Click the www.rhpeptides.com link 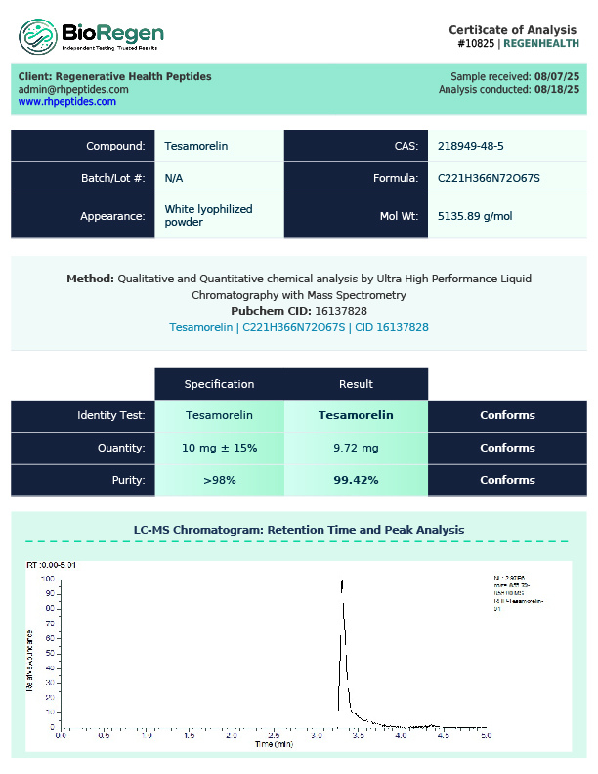[66, 102]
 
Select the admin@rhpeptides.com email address [73, 89]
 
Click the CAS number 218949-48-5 [471, 146]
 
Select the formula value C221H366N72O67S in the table [489, 178]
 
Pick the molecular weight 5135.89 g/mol [475, 216]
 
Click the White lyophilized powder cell [208, 215]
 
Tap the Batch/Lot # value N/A [174, 178]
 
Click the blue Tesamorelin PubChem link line [299, 327]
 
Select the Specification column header [219, 384]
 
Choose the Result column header [356, 384]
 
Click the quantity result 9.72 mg [356, 448]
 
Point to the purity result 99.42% [356, 480]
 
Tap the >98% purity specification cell [219, 480]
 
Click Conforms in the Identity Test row [507, 415]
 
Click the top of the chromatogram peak [343, 581]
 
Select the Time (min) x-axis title [274, 744]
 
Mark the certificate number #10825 [475, 43]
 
